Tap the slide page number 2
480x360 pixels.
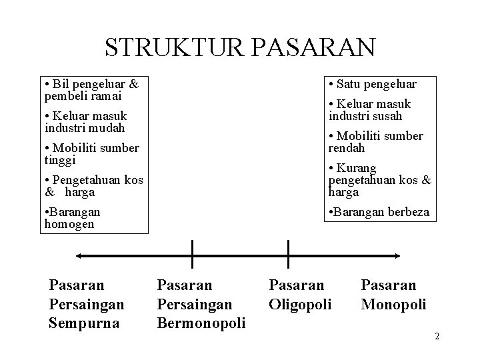point(437,335)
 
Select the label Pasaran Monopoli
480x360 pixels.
point(393,295)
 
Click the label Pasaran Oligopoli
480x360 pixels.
point(299,295)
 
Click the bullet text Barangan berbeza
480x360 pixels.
point(379,213)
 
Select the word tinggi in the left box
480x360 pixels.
point(60,159)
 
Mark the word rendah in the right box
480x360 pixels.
point(347,147)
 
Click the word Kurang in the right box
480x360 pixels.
point(356,168)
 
